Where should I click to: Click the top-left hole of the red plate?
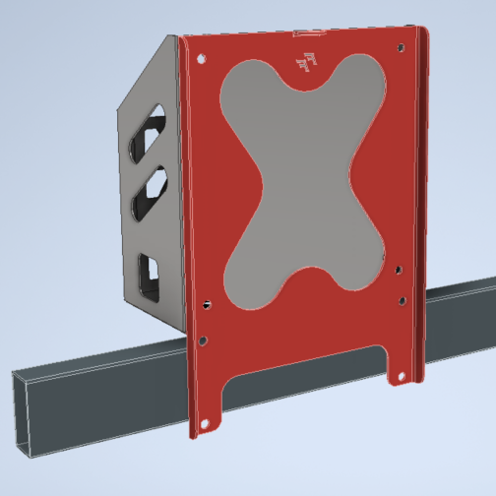[x=202, y=58]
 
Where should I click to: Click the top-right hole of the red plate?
[x=400, y=48]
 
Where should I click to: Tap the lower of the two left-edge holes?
[x=202, y=341]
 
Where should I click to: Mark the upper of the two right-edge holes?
[x=400, y=268]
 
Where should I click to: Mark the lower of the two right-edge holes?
[x=402, y=301]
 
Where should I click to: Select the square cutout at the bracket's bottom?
[x=149, y=275]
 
